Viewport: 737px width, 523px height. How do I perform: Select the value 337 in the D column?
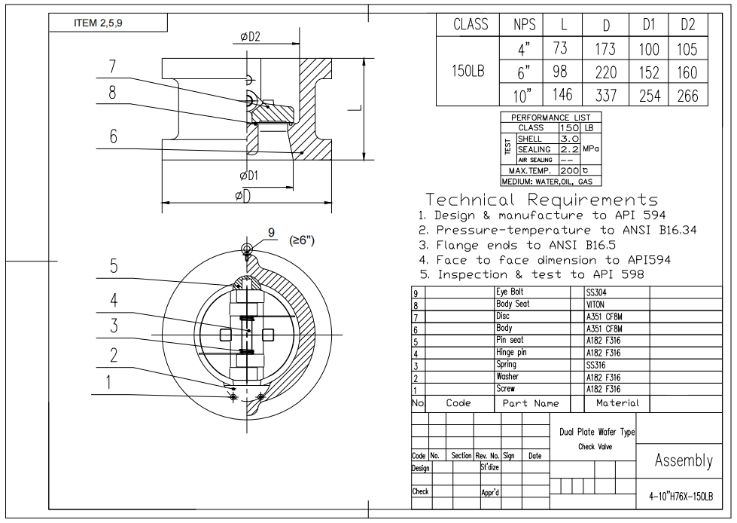point(605,96)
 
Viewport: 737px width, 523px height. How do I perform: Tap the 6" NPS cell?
point(524,72)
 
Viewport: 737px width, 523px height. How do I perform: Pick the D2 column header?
point(688,24)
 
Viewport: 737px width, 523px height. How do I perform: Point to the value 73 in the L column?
point(561,49)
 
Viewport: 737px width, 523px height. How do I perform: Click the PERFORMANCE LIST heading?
point(551,118)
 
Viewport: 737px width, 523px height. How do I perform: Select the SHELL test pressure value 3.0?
point(570,139)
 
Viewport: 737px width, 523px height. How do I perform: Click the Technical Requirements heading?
point(541,200)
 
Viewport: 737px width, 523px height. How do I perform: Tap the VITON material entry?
point(595,304)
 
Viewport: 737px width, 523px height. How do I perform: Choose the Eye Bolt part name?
point(510,292)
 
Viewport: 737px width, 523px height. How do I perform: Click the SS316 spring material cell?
point(595,365)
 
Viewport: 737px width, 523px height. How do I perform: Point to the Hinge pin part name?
point(511,353)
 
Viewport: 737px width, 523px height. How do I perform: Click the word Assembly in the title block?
point(683,460)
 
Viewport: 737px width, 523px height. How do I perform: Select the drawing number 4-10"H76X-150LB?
point(681,497)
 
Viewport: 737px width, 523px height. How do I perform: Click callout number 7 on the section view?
point(112,66)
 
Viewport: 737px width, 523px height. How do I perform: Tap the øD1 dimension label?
point(249,176)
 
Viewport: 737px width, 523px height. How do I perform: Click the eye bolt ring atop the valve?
point(247,249)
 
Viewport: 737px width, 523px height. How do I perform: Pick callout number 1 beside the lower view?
point(109,383)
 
